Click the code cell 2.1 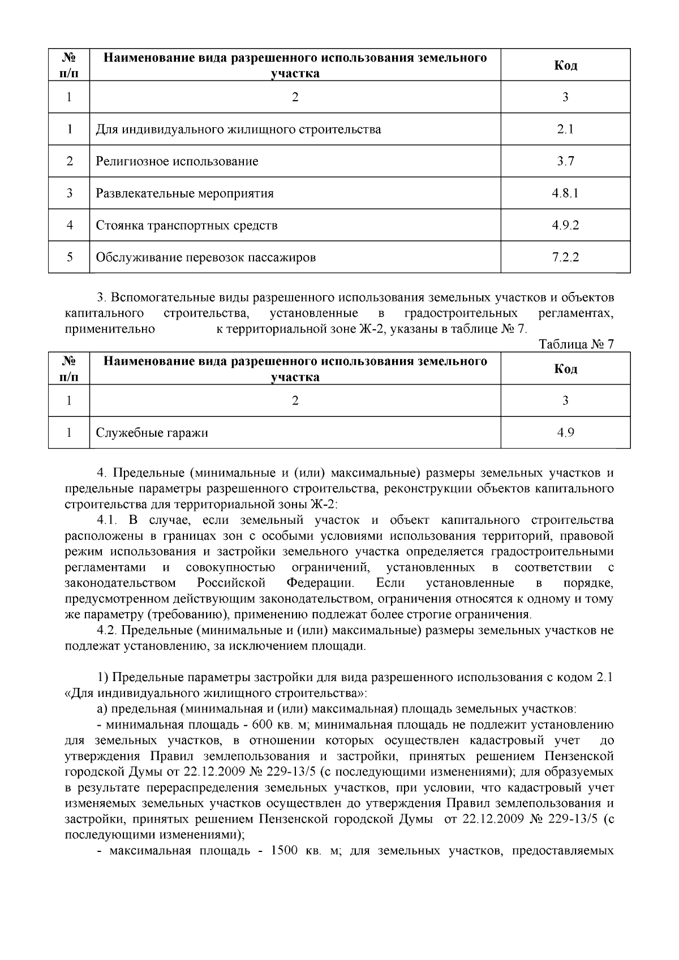[565, 130]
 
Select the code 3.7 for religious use [565, 162]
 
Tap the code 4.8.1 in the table [565, 193]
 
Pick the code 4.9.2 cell [565, 226]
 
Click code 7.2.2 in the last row [565, 258]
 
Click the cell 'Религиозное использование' [177, 162]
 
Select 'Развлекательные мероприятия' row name [184, 193]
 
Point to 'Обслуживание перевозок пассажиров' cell [205, 258]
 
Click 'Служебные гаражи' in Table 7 [152, 433]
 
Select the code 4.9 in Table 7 [565, 433]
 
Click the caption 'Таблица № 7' [576, 345]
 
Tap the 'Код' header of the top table [565, 66]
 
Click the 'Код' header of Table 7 [565, 369]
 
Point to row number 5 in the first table [69, 258]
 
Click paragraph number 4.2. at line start [106, 630]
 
